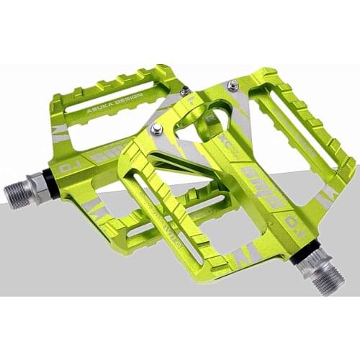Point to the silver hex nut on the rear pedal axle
click(37, 186)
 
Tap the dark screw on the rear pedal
click(185, 91)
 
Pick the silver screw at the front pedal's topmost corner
click(233, 86)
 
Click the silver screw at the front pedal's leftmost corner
click(156, 130)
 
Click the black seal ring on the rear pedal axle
click(48, 182)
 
